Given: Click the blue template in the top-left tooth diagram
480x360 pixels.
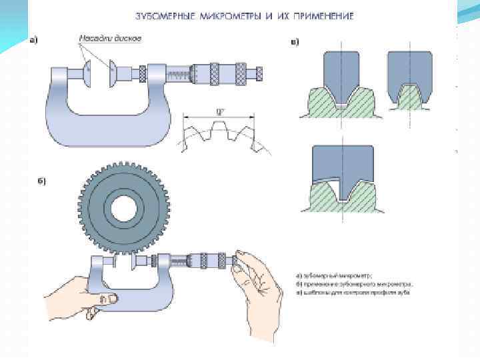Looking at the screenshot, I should tap(341, 73).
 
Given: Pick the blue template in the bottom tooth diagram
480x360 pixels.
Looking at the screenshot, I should tap(341, 163).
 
